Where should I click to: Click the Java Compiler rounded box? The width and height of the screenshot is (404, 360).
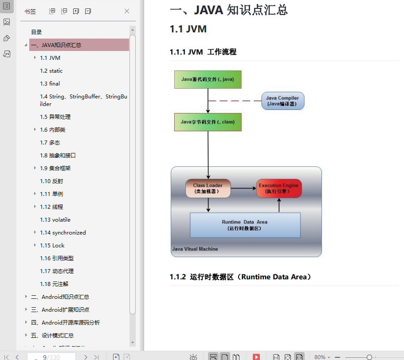click(282, 101)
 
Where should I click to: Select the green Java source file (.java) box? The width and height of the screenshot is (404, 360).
click(208, 79)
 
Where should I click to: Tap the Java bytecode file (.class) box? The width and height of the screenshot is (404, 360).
click(208, 122)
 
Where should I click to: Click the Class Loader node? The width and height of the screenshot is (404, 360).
click(208, 188)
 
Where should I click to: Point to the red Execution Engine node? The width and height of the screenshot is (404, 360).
click(279, 188)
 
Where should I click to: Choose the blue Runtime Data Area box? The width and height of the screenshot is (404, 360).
click(245, 225)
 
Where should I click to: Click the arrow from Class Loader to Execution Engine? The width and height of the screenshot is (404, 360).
click(243, 188)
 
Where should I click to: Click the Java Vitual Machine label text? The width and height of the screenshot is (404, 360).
click(195, 249)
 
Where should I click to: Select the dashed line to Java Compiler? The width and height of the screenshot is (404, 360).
click(235, 101)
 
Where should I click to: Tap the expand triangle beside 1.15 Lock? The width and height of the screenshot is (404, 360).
click(35, 245)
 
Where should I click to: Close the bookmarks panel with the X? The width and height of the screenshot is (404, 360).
click(127, 11)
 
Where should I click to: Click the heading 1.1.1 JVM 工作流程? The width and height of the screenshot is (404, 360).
click(203, 52)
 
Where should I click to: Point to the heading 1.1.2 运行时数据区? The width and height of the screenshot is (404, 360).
click(241, 277)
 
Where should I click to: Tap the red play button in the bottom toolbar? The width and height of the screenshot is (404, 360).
click(256, 357)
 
